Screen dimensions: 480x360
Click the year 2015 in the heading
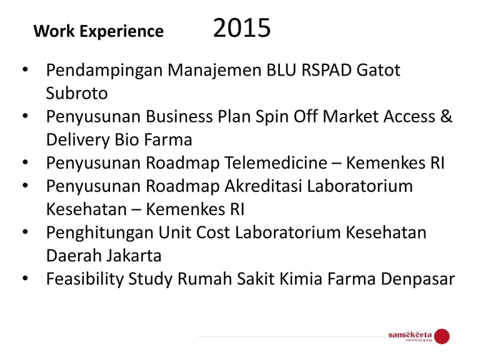tap(242, 28)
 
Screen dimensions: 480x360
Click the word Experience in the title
tap(121, 31)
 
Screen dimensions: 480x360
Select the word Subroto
tap(76, 93)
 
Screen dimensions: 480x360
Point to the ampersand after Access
tap(446, 116)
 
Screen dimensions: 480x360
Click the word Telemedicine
tap(276, 162)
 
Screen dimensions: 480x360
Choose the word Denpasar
tap(418, 279)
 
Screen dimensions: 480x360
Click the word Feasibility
tap(84, 279)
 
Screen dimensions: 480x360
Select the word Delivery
tap(77, 139)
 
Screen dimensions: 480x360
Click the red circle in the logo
tap(442, 336)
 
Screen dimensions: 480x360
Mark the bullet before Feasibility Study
tap(25, 278)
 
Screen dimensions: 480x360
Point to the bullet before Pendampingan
tap(25, 69)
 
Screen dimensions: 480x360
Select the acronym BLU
tap(281, 70)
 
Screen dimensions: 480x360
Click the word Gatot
tap(378, 70)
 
